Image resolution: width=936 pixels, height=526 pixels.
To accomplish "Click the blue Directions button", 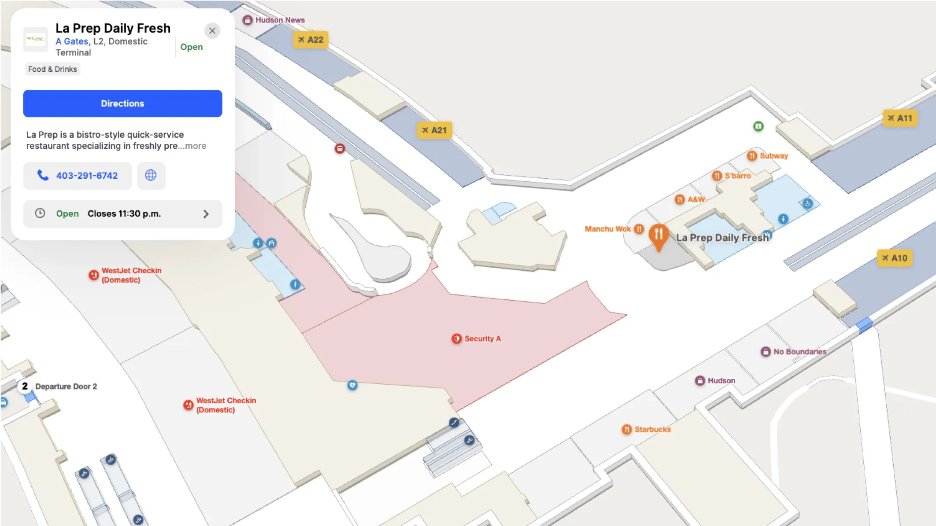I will [122, 103].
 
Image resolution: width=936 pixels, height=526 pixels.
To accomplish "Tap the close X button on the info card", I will [212, 31].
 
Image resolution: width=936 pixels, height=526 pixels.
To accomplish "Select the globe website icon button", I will [151, 176].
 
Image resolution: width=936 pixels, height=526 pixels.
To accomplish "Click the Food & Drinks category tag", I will [52, 69].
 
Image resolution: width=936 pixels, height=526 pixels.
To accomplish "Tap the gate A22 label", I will [311, 40].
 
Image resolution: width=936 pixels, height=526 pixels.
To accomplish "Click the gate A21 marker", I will [434, 130].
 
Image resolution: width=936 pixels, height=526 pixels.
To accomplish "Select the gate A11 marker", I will [900, 118].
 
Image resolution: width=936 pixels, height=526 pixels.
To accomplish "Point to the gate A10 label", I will [894, 258].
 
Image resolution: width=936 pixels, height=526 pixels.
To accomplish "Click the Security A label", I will [477, 338].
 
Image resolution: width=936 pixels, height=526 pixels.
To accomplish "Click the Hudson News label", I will [274, 20].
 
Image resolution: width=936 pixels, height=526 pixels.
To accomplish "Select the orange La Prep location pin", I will [659, 236].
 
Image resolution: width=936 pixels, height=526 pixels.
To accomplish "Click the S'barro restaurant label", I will [732, 176].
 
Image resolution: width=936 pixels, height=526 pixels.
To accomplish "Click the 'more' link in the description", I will [196, 146].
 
